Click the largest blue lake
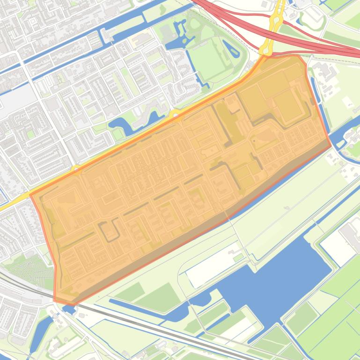281,276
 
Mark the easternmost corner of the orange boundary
331,144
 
